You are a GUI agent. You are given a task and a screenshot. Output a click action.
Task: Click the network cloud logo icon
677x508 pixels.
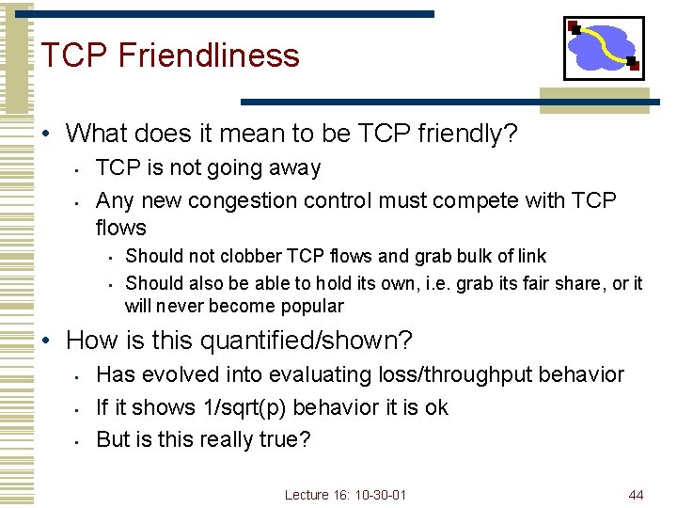604,48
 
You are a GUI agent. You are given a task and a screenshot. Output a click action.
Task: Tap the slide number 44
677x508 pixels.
636,494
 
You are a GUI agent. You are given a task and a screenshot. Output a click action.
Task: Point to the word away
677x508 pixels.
294,168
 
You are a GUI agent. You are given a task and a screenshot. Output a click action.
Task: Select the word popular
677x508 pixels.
314,306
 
